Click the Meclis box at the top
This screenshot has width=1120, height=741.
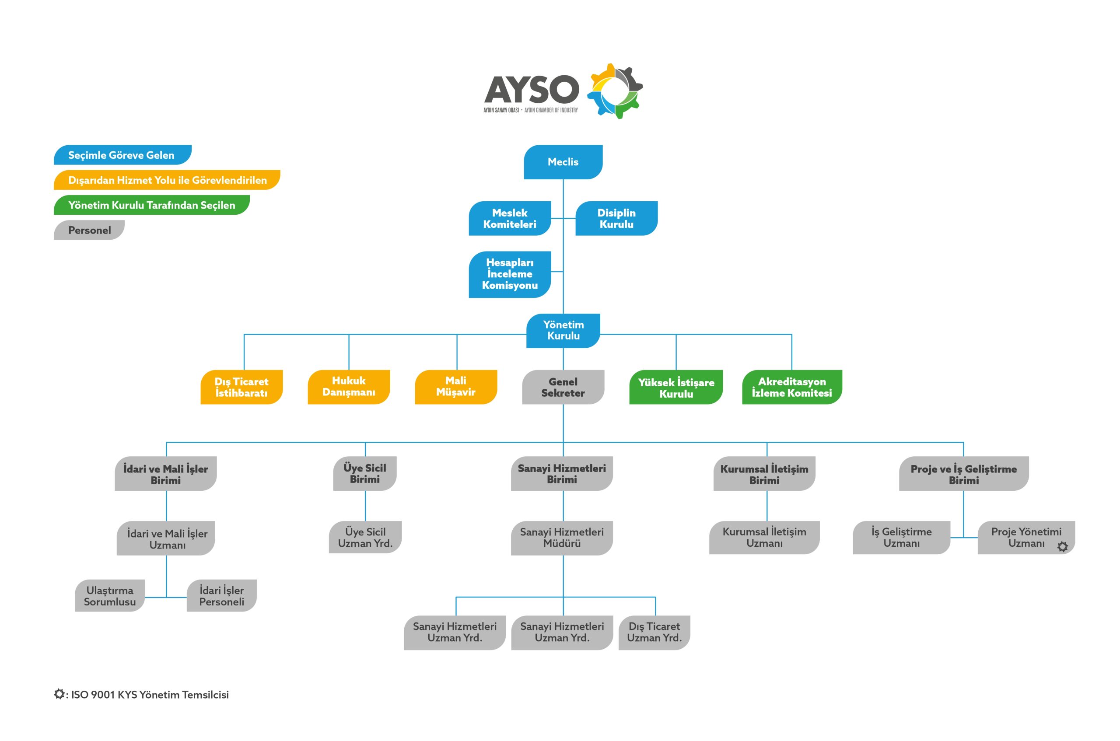tap(562, 162)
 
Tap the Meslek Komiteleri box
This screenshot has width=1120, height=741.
tap(509, 218)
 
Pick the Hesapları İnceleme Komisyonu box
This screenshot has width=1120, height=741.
tap(509, 274)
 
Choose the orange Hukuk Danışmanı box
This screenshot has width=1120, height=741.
tap(348, 387)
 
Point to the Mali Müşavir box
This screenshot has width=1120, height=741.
tap(455, 387)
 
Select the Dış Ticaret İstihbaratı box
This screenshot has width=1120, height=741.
tap(241, 387)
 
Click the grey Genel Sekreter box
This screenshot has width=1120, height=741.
tap(562, 387)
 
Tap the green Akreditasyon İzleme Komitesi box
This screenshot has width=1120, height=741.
tap(791, 387)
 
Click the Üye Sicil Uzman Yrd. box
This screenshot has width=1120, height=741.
tap(365, 537)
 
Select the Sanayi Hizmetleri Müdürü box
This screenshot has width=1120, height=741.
tap(561, 538)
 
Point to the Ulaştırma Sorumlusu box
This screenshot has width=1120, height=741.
tap(110, 596)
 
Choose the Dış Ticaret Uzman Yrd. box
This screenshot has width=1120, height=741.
tap(654, 633)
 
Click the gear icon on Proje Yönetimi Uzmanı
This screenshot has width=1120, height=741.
tap(1062, 547)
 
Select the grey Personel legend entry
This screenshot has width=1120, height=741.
tap(89, 230)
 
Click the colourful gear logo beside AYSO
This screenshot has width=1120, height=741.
tap(614, 91)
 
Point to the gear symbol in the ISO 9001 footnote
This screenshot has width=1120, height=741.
tap(59, 694)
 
